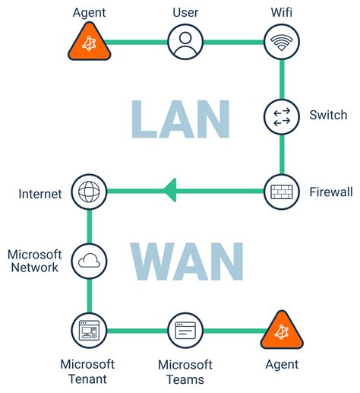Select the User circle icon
coord(185,42)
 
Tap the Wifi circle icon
coord(282,42)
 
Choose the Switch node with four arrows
coord(282,117)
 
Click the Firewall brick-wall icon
coord(282,192)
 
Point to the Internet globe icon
coord(89,192)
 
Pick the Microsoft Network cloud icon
coord(89,261)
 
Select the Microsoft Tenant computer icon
coord(89,331)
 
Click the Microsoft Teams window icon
coord(185,331)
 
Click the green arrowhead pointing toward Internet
coord(170,190)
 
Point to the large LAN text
coord(181,119)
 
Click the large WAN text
coord(187,261)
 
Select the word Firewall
coord(331,192)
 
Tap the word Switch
coord(328,115)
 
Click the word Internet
coord(40,194)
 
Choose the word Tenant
coord(87,379)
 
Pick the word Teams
coord(185,380)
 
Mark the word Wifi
coord(282,12)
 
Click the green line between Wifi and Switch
coord(282,79)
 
